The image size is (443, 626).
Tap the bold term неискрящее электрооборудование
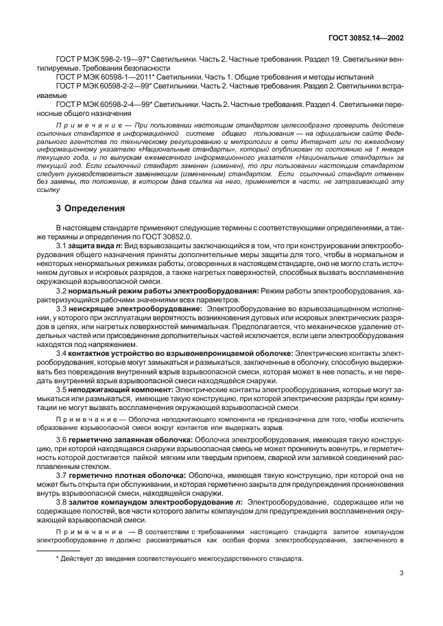pos(125,309)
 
